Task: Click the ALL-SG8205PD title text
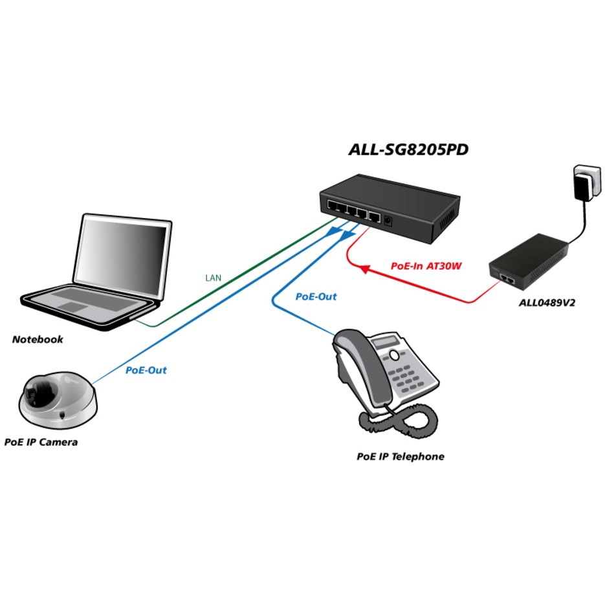point(408,150)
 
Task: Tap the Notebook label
point(38,339)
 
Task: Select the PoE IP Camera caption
point(41,442)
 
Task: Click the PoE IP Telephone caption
point(401,456)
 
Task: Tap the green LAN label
point(213,278)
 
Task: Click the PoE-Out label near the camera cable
point(146,370)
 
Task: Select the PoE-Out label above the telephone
point(316,296)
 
